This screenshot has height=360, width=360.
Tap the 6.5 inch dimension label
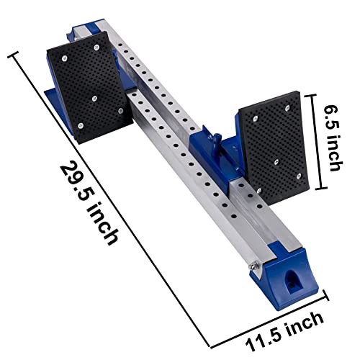[333, 138]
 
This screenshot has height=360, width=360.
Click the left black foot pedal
[89, 87]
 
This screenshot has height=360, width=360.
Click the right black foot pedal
[274, 148]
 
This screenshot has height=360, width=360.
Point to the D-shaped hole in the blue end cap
[292, 280]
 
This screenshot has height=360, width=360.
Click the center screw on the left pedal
[94, 98]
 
